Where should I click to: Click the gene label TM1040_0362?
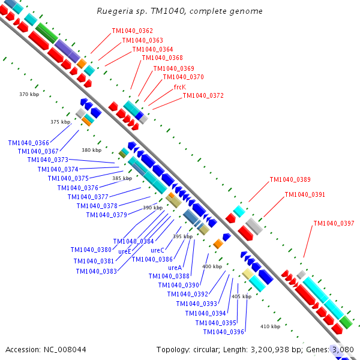[x=132, y=31]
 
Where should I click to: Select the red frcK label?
[x=179, y=87]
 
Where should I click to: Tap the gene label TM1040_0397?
[x=334, y=224]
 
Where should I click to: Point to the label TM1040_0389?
[x=290, y=179]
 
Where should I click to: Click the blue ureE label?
[x=125, y=251]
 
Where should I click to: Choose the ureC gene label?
[x=157, y=250]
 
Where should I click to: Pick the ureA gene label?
[x=175, y=268]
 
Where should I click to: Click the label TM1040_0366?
[x=29, y=143]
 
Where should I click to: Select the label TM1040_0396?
[x=223, y=332]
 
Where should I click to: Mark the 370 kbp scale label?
[x=29, y=95]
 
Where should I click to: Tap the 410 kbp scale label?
[x=270, y=326]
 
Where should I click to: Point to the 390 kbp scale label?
[x=152, y=208]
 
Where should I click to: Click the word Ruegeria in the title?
[x=113, y=11]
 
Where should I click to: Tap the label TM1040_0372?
[x=203, y=96]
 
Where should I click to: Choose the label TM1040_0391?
[x=305, y=194]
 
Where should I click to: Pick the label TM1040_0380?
[x=91, y=250]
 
